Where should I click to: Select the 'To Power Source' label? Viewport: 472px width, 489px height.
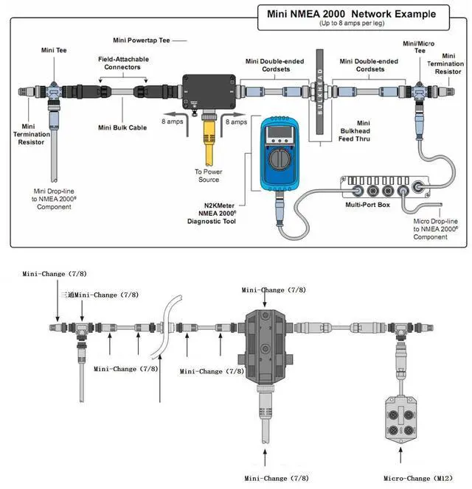[x=209, y=175]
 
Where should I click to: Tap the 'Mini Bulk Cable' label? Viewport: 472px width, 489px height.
[x=122, y=127]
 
